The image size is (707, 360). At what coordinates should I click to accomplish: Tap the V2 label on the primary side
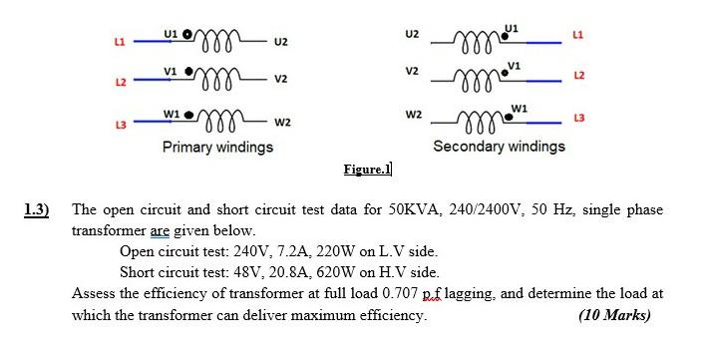281,80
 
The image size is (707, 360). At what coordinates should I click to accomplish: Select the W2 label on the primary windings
281,124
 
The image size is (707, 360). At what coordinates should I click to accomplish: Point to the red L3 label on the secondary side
578,119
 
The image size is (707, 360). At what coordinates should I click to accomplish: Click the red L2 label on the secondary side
578,77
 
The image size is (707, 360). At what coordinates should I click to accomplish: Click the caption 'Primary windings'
217,148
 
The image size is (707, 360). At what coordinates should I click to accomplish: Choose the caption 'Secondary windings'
499,146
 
